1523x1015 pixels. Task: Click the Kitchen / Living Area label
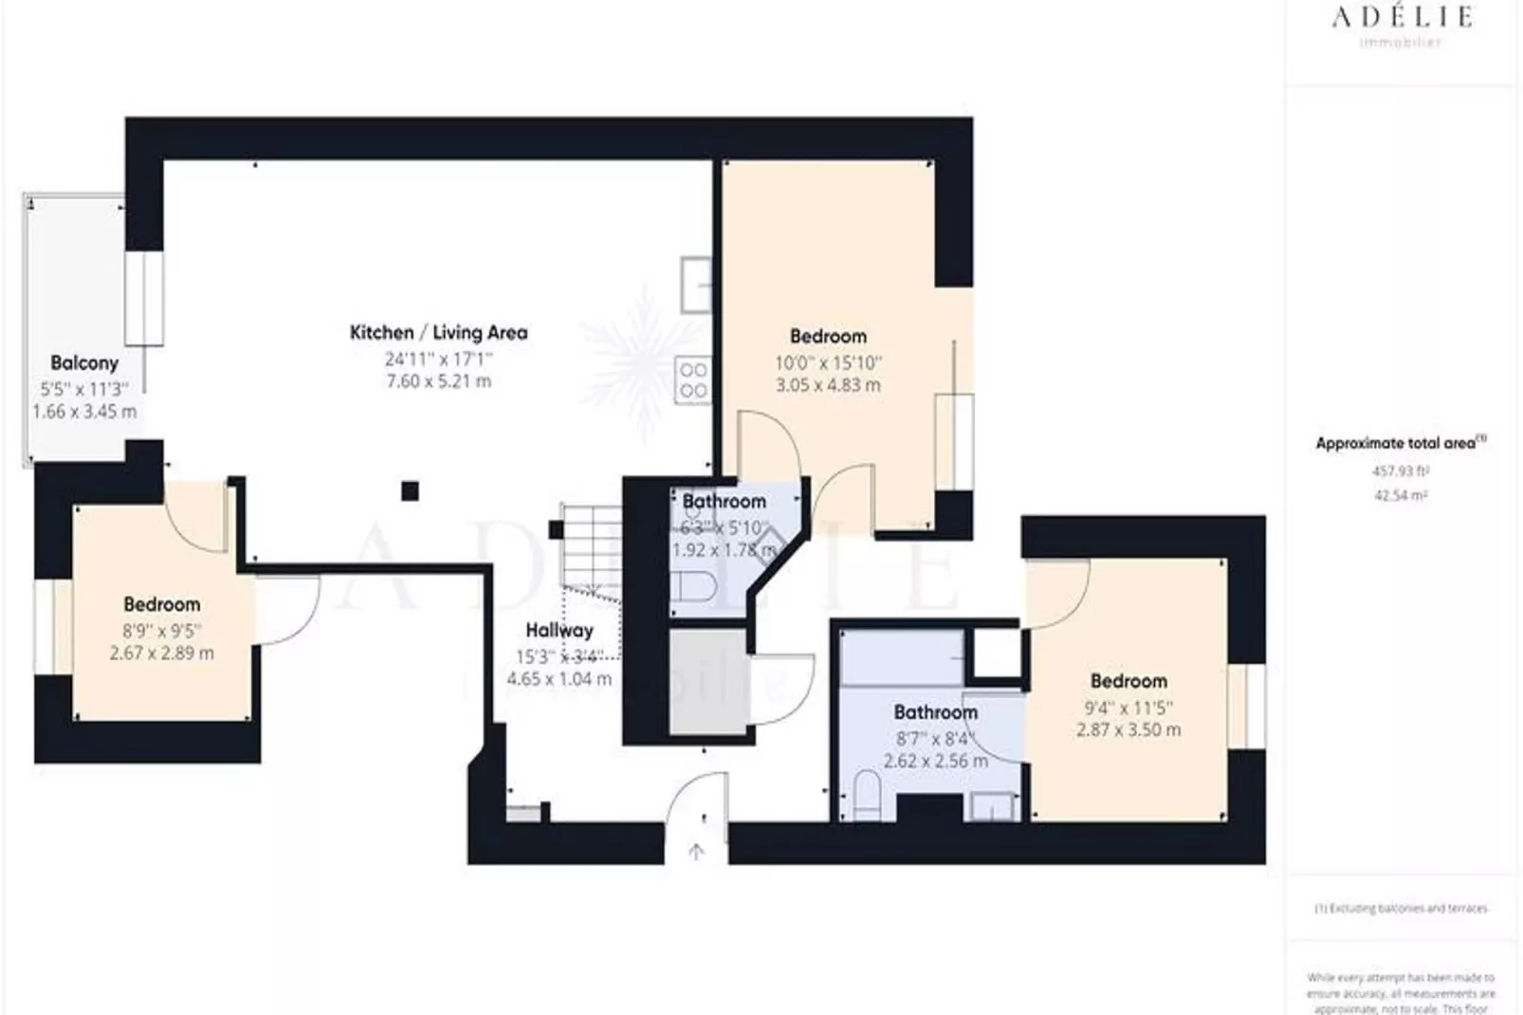click(x=438, y=332)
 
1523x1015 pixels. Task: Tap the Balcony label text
click(x=84, y=362)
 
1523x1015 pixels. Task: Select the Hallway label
click(x=560, y=630)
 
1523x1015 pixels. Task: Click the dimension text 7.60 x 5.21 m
click(x=438, y=381)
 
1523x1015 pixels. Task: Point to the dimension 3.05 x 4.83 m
click(x=827, y=385)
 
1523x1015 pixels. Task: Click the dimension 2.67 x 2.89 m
click(x=161, y=653)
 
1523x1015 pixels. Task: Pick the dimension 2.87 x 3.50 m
click(x=1128, y=729)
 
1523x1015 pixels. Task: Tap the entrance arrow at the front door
click(x=696, y=852)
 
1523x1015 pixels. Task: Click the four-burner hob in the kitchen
click(x=693, y=380)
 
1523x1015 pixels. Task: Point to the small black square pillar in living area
click(x=410, y=490)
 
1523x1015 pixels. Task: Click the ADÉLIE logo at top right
click(x=1401, y=17)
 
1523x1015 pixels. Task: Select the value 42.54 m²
click(x=1400, y=495)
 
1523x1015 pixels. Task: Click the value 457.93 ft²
click(x=1400, y=471)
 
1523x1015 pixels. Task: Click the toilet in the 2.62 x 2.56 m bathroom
click(x=867, y=795)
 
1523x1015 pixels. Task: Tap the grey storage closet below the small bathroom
click(x=707, y=682)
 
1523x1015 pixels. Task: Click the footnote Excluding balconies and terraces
click(x=1401, y=908)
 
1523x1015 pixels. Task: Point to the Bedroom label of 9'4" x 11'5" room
click(x=1128, y=680)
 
